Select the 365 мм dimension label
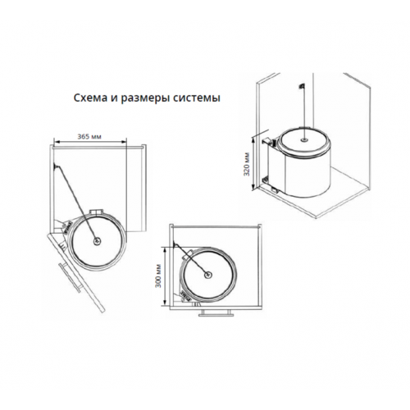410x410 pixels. click(x=89, y=136)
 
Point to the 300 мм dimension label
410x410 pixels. click(x=158, y=276)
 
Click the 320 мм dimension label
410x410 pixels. click(x=247, y=164)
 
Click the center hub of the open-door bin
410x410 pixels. click(x=97, y=241)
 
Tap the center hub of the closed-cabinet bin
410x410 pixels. click(x=208, y=275)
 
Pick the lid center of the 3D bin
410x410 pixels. click(x=303, y=139)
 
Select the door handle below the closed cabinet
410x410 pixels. click(x=216, y=313)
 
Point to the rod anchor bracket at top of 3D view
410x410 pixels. click(x=301, y=86)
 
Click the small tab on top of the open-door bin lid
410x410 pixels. click(x=97, y=212)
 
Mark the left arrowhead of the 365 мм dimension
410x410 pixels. click(x=55, y=141)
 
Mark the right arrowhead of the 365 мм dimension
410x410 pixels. click(x=125, y=141)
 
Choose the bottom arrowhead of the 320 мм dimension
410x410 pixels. click(x=254, y=187)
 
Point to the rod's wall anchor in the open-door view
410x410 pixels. click(x=56, y=166)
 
